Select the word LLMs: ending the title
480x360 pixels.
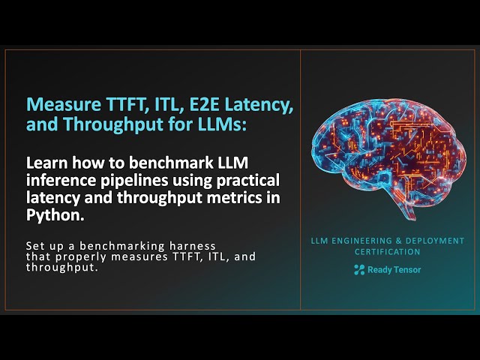tap(218, 125)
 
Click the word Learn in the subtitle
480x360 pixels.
tap(46, 163)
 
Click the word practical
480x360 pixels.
tap(235, 180)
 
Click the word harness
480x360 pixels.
tap(190, 246)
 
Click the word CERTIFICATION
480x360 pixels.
tap(387, 253)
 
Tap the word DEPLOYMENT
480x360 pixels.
tap(433, 241)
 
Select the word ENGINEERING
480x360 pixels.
tap(355, 241)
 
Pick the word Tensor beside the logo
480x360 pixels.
tap(406, 270)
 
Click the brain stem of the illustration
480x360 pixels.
tap(406, 205)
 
